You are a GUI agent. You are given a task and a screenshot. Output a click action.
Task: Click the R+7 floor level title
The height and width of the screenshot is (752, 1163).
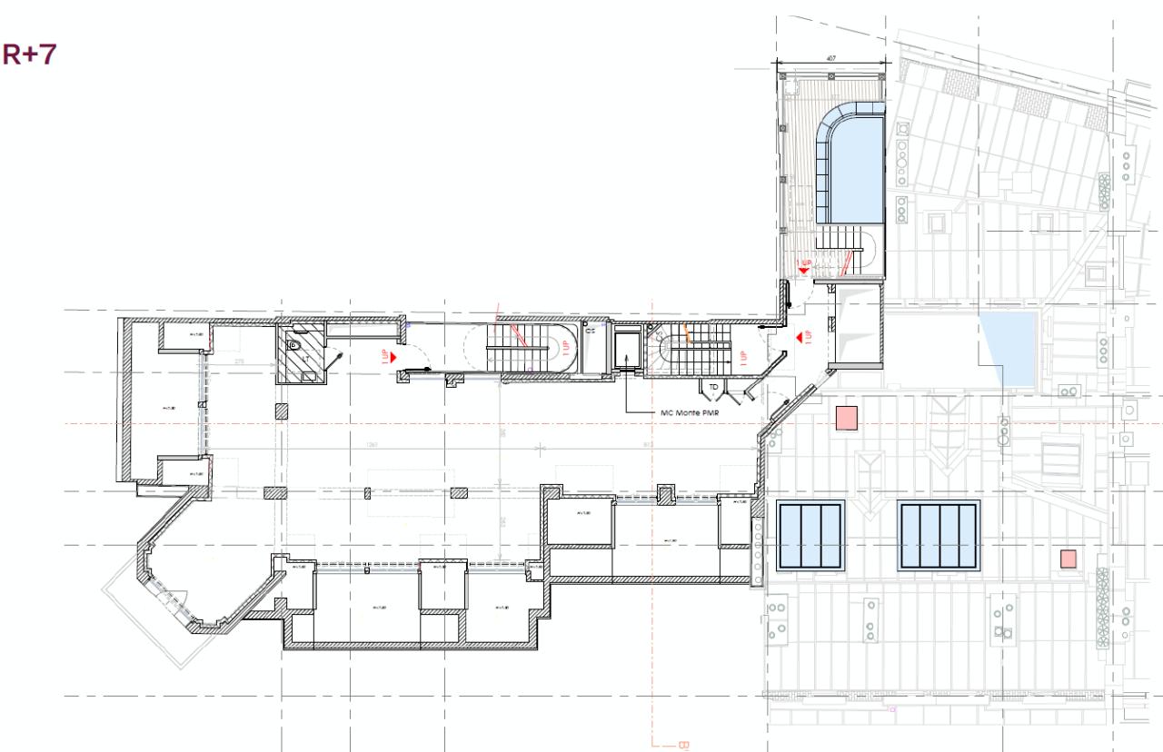[x=30, y=54]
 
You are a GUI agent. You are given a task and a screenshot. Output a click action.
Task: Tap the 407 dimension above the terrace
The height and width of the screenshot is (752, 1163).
[x=830, y=58]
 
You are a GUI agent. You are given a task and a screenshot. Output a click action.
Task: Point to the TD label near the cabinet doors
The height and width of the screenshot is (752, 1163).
[x=713, y=387]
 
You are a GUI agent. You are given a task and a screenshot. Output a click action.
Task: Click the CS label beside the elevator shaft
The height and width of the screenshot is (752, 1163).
[x=591, y=331]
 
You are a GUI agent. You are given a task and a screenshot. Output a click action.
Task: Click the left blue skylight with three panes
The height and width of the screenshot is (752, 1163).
[x=810, y=535]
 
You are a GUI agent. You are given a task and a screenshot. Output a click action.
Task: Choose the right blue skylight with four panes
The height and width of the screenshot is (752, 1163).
[x=939, y=535]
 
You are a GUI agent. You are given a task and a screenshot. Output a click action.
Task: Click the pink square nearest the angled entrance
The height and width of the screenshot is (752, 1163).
[x=847, y=418]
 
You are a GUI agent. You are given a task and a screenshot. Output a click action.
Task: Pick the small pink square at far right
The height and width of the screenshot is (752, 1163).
[x=1069, y=559]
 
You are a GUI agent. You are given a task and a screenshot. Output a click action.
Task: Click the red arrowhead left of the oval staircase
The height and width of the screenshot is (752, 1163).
[x=393, y=358]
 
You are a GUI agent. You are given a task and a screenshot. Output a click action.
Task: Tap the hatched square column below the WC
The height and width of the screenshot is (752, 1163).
[x=282, y=411]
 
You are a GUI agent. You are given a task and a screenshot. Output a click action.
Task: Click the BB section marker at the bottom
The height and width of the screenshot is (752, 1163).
[x=683, y=745]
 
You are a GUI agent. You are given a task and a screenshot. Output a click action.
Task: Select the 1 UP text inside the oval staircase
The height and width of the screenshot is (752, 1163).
[x=563, y=350]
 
